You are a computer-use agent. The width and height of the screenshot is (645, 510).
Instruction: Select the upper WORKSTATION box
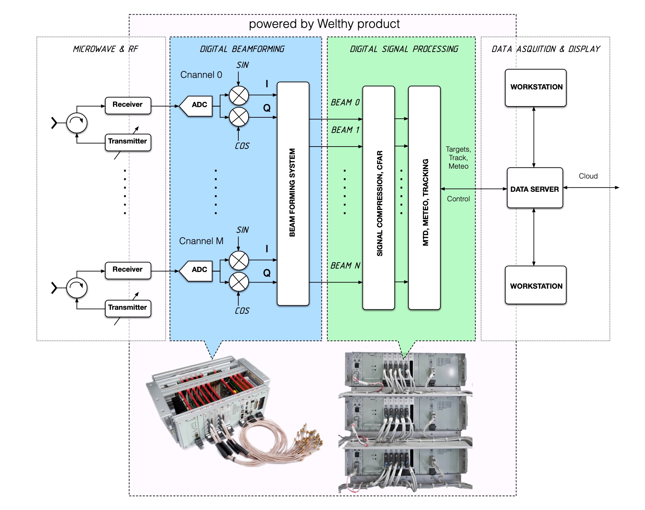(x=536, y=88)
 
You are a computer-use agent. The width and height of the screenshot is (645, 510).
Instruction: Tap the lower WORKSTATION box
(x=536, y=285)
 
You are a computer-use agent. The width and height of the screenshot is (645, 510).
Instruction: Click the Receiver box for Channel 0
(x=128, y=105)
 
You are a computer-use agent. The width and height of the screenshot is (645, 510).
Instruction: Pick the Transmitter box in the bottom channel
(x=128, y=308)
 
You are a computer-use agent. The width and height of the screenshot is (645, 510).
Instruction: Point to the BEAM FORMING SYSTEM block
(x=293, y=193)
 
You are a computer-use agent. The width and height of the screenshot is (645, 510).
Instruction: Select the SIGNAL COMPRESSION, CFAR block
(x=379, y=198)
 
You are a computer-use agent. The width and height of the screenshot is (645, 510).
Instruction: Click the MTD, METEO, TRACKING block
(x=424, y=198)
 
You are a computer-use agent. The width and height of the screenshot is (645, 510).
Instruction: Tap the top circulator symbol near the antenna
(x=77, y=123)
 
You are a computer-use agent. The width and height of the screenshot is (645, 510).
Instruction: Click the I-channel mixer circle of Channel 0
(x=239, y=95)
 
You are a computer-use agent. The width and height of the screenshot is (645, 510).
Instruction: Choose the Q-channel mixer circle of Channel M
(x=239, y=282)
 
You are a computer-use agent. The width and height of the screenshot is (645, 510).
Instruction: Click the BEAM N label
(x=345, y=266)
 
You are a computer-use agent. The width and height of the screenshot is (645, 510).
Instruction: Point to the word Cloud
(x=588, y=176)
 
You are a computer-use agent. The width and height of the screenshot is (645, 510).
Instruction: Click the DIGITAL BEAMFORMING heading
(x=242, y=49)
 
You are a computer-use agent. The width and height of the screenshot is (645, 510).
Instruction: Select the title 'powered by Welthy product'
(x=324, y=24)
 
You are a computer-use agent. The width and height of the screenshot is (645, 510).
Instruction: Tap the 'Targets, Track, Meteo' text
(x=458, y=158)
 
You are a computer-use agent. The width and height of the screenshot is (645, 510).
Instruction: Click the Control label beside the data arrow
(x=458, y=199)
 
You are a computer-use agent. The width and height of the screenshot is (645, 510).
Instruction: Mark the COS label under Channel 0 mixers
(x=242, y=146)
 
